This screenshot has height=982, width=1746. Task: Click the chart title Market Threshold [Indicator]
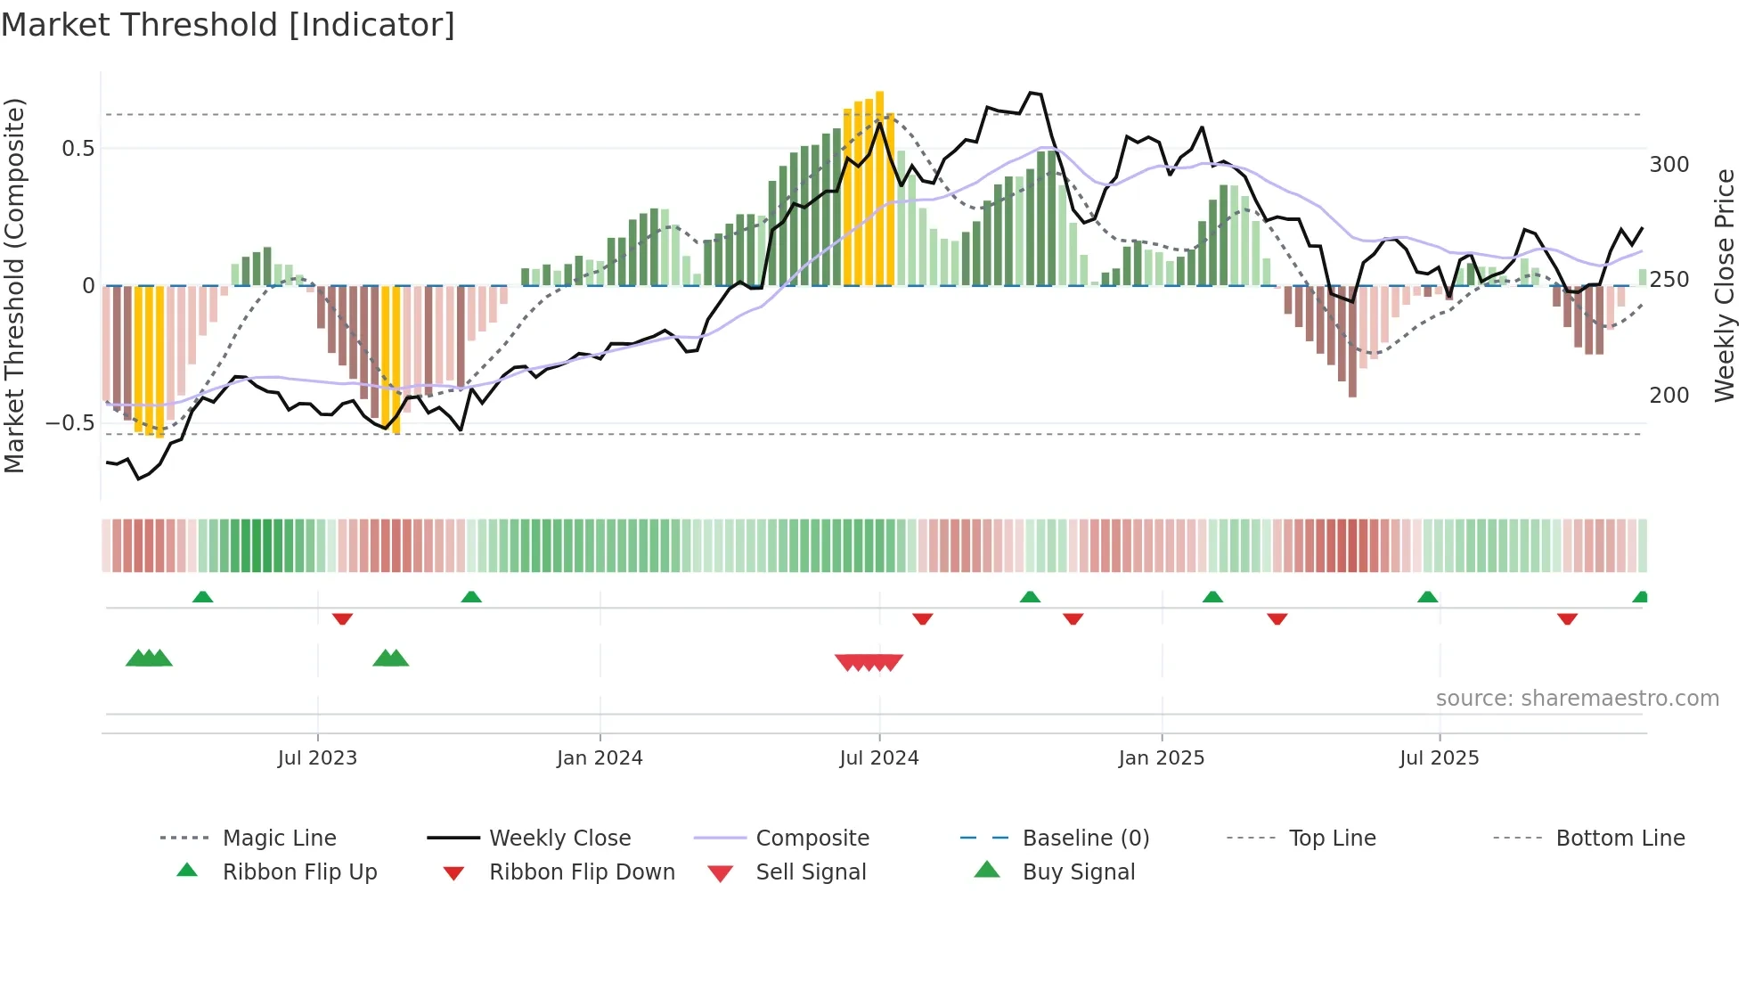(x=228, y=25)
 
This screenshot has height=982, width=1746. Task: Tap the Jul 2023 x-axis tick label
(x=317, y=758)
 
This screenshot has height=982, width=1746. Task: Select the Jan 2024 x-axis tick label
(x=600, y=758)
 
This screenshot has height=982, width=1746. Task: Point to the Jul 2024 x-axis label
(x=879, y=758)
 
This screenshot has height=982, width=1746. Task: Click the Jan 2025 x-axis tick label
(x=1162, y=758)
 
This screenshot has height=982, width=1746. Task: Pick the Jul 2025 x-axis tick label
(x=1440, y=758)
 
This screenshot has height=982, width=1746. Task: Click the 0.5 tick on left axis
(x=78, y=149)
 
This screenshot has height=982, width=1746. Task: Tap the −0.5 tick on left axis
(x=70, y=422)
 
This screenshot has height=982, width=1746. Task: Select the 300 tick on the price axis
(x=1669, y=165)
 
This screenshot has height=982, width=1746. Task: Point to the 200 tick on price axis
(x=1669, y=396)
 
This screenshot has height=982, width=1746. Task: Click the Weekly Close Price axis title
(x=1726, y=285)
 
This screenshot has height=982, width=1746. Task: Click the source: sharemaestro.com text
(x=1578, y=699)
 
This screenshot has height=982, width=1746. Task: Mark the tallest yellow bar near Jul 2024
(x=880, y=187)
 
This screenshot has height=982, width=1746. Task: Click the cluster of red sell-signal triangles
(x=869, y=662)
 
